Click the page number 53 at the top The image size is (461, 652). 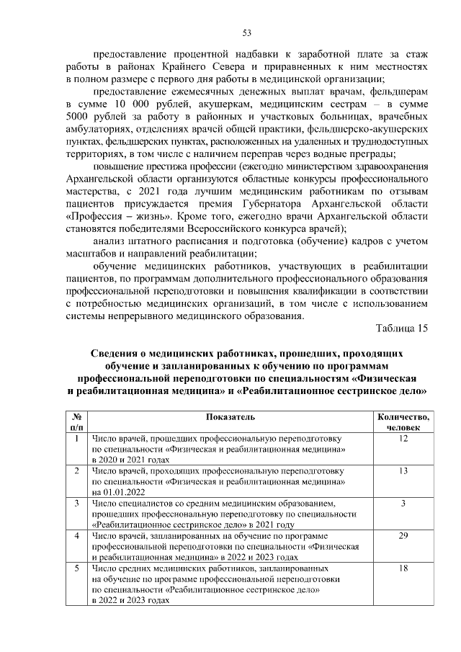click(246, 32)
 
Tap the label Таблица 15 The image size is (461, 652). click(402, 329)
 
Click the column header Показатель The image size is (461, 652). click(230, 417)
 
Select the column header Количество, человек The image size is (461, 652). click(403, 422)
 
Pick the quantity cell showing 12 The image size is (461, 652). click(403, 438)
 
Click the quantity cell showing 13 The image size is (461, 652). click(403, 470)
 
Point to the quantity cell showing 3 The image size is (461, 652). click(403, 503)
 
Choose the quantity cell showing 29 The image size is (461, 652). click(403, 536)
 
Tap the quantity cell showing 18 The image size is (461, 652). click(403, 568)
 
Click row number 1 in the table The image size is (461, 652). click(76, 438)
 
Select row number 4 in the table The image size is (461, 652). click(76, 536)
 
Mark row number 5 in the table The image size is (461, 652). click(76, 568)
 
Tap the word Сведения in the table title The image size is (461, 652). click(116, 354)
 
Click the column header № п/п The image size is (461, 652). click(76, 422)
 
